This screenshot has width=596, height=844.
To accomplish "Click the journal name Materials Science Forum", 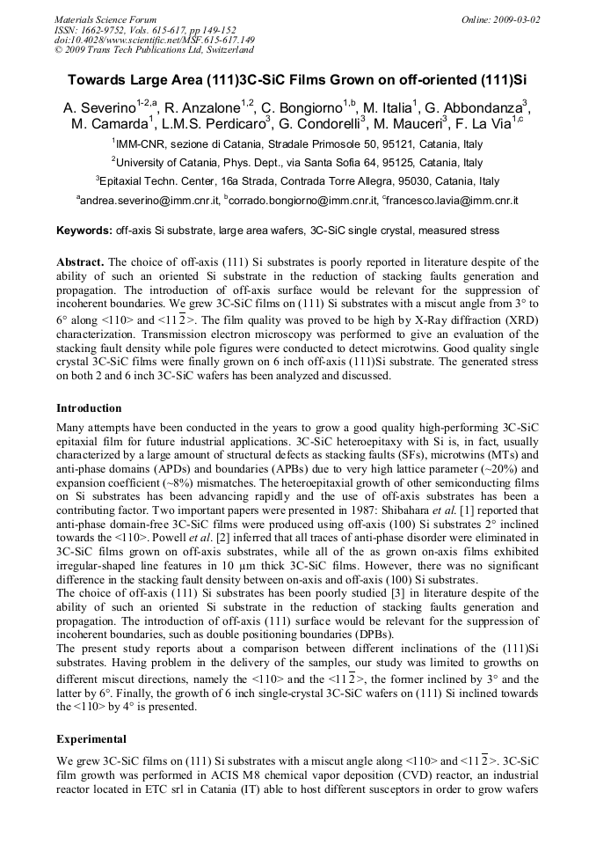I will pos(105,19).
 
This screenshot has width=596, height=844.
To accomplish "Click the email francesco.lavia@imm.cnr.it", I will pos(452,201).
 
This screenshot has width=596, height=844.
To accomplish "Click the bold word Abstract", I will pos(81,262).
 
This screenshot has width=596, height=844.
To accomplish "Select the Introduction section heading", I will pos(91,408).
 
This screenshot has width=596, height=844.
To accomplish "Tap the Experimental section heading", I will pos(91,738).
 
